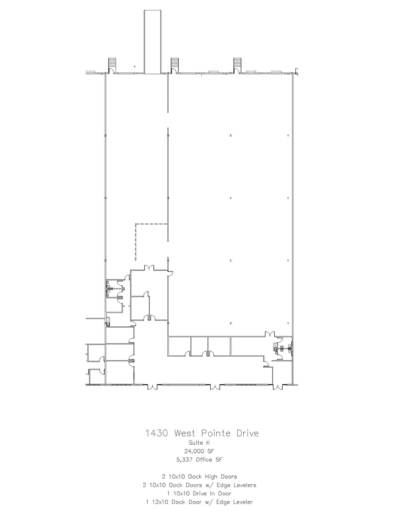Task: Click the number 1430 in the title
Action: pos(157,433)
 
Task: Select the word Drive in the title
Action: pos(248,433)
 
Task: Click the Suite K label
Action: pos(199,443)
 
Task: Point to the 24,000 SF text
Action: pos(199,451)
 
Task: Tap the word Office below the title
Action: pos(204,460)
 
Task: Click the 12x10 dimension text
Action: pos(160,502)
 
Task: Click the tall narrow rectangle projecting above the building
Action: pos(152,42)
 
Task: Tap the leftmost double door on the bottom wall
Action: pos(152,387)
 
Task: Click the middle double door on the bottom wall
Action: pos(215,387)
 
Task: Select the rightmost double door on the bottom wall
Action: pos(278,387)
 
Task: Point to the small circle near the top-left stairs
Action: pos(135,67)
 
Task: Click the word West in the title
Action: pos(185,433)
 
